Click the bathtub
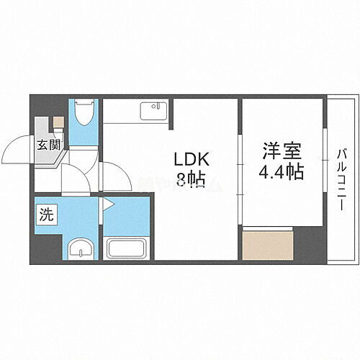click(x=127, y=249)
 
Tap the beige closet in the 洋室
click(x=268, y=246)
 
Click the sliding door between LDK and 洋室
click(x=239, y=176)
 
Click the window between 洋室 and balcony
click(x=326, y=176)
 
